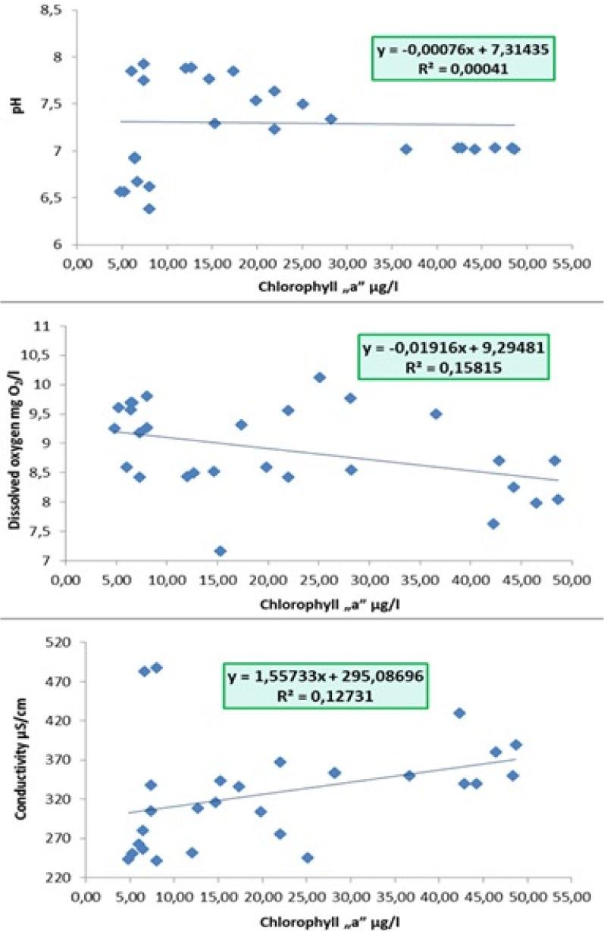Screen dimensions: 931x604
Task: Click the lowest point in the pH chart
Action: tap(149, 208)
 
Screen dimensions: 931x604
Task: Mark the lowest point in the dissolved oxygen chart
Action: tap(220, 550)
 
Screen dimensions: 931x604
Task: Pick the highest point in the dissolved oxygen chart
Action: tap(320, 377)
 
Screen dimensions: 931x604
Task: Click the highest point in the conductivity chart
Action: tap(156, 668)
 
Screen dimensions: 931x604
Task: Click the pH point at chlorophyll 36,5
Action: tap(406, 149)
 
